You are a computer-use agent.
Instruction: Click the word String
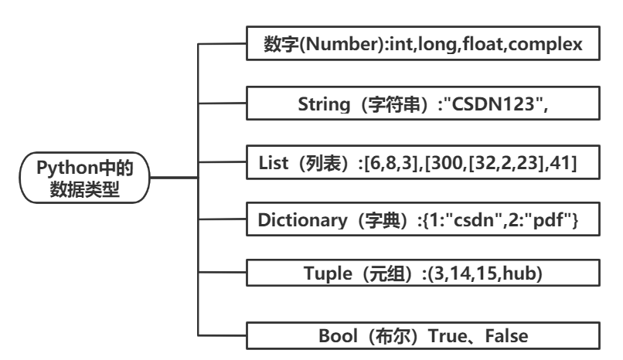point(322,103)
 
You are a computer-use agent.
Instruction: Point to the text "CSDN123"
point(483,103)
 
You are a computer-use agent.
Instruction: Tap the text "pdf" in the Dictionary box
point(555,221)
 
